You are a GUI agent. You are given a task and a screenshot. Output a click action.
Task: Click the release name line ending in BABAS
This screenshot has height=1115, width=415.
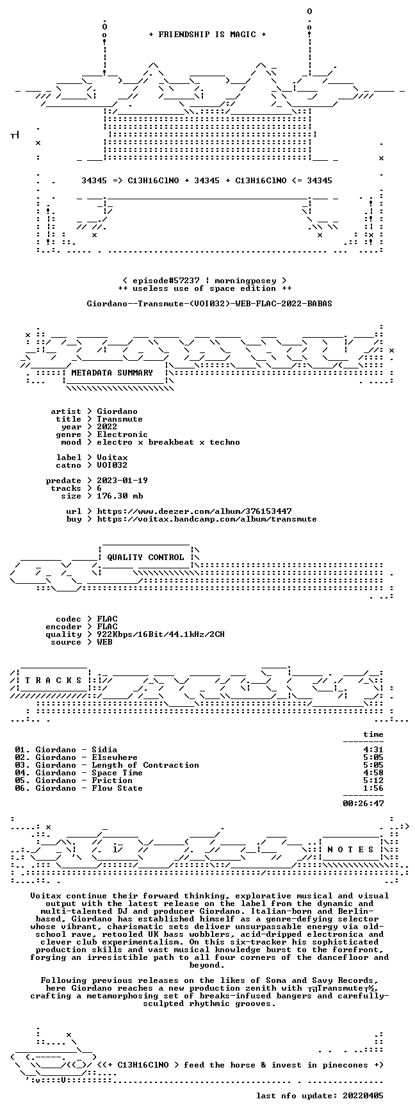(209, 304)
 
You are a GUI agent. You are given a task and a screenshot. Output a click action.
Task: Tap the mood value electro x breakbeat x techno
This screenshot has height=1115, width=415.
(168, 442)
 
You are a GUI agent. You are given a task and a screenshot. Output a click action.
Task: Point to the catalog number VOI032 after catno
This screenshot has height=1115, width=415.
(112, 465)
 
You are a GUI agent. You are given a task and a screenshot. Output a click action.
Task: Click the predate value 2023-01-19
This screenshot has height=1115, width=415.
(122, 481)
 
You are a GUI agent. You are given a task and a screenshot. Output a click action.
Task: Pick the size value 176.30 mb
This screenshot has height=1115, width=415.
(120, 496)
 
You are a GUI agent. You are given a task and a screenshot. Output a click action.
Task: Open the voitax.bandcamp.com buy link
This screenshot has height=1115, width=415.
(207, 519)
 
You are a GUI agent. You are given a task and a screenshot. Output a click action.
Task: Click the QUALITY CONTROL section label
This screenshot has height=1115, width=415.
(145, 557)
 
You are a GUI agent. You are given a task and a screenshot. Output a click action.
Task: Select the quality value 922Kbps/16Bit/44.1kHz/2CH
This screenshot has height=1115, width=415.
(161, 634)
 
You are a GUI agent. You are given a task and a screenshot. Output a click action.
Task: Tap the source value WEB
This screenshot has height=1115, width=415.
(104, 642)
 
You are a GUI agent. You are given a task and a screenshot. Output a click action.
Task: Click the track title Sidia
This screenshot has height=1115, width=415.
(104, 750)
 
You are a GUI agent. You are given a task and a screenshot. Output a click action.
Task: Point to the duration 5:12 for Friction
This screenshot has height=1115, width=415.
(373, 780)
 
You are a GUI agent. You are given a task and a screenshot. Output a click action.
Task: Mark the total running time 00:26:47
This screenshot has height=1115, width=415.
(363, 803)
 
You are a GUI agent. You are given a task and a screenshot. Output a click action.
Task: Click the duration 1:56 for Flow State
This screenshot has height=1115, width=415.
(373, 788)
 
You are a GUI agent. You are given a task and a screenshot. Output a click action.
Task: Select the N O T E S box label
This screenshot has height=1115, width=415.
(350, 850)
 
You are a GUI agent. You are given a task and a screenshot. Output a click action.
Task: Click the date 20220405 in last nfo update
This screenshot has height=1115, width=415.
(363, 1096)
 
